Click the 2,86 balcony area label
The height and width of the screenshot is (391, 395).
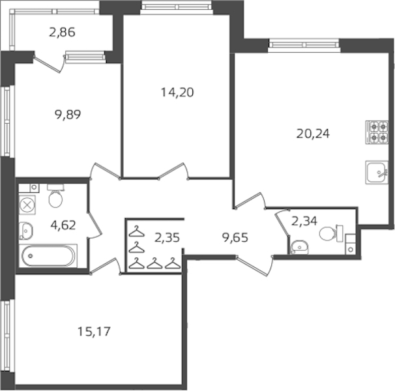[62, 33]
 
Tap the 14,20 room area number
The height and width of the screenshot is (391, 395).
[177, 92]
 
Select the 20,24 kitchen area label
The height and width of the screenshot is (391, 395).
[313, 134]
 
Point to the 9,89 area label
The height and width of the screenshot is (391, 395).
[68, 115]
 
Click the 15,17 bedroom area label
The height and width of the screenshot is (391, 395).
[95, 331]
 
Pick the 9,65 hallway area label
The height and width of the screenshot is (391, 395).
[235, 237]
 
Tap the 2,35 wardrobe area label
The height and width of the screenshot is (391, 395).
[167, 238]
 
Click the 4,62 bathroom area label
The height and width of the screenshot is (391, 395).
[63, 225]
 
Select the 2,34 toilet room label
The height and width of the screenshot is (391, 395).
[304, 221]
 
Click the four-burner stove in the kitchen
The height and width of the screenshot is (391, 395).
[377, 132]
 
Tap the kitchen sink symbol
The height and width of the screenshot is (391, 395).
[377, 172]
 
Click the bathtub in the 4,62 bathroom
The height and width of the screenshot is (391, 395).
[48, 255]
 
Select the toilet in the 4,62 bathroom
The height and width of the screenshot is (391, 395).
[55, 195]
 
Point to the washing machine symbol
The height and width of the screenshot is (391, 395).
[27, 205]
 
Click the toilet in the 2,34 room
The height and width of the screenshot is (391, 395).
[331, 233]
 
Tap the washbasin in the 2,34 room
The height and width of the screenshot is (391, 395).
[299, 248]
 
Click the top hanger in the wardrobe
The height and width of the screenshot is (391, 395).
[136, 231]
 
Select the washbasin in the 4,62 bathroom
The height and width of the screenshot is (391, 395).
[25, 231]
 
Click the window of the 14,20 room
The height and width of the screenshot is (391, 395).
[177, 6]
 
